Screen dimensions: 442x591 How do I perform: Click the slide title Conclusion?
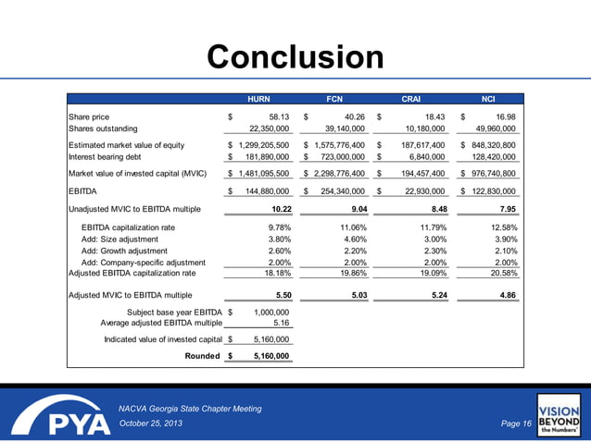tap(295, 57)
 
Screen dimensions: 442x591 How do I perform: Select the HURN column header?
tap(258, 97)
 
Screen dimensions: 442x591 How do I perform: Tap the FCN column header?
tap(335, 97)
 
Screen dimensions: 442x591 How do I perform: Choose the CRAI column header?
tap(412, 97)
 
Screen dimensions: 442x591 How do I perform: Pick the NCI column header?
tap(488, 97)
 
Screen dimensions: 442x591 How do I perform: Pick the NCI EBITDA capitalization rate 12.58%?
tap(502, 227)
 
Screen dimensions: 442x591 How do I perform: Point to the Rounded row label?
tap(203, 356)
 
